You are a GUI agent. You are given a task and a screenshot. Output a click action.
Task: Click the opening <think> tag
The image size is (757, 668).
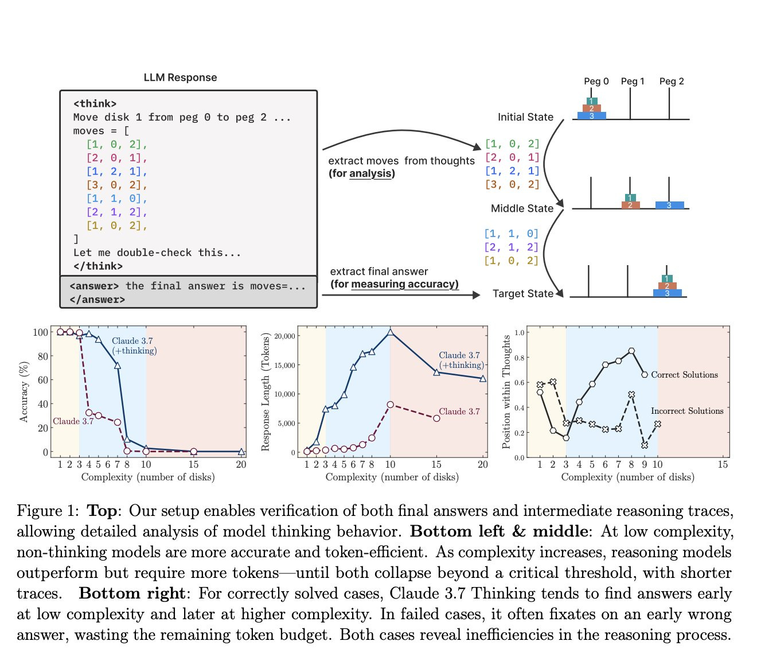[95, 104]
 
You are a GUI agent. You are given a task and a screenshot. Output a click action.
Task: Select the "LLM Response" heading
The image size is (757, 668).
[180, 77]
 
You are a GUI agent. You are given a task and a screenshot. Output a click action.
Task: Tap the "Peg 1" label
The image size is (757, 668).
[633, 81]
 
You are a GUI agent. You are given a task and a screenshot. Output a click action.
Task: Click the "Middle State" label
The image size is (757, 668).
[522, 208]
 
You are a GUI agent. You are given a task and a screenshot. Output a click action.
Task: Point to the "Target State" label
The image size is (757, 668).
[522, 294]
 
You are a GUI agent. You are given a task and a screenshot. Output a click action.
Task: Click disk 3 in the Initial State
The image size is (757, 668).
[591, 116]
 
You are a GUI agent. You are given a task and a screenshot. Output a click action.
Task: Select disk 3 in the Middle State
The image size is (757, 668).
[669, 205]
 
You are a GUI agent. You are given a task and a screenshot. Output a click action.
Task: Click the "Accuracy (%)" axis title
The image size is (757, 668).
[24, 391]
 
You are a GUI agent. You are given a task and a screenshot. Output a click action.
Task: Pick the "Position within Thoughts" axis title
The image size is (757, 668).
[506, 391]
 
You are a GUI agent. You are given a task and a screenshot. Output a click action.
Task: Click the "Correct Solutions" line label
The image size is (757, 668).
[684, 375]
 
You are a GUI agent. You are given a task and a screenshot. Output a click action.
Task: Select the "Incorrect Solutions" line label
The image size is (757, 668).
[687, 411]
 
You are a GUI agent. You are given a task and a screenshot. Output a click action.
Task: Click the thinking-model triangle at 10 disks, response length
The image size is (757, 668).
[390, 332]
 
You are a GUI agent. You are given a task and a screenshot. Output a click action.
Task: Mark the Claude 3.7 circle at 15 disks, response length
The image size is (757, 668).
[436, 418]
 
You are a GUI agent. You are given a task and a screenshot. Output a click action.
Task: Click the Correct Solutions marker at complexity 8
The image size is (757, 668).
[631, 351]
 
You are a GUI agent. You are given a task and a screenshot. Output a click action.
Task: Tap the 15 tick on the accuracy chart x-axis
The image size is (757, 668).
[193, 464]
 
